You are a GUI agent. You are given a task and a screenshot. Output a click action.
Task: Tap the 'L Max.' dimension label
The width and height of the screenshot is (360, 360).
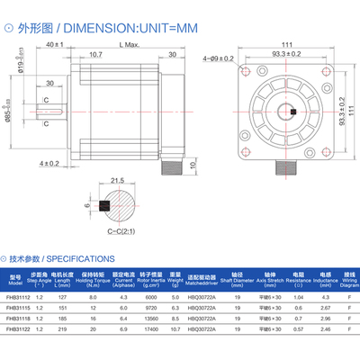point(129,45)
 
